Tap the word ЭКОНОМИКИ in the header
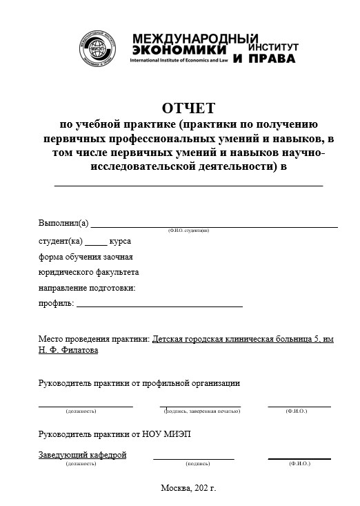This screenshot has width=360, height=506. click(178, 50)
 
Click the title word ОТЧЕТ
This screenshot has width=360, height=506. click(188, 108)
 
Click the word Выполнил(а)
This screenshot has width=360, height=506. click(63, 223)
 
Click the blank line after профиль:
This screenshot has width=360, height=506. click(159, 304)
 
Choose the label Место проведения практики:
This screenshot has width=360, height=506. click(94, 339)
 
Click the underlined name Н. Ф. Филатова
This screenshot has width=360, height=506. click(68, 350)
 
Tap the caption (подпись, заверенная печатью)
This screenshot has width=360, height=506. click(201, 411)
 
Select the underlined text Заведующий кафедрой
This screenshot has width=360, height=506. click(82, 455)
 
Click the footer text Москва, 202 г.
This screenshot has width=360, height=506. click(188, 487)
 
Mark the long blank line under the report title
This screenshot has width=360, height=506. click(188, 185)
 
